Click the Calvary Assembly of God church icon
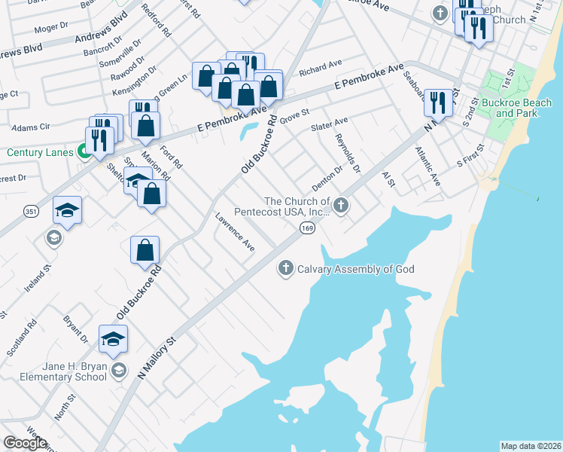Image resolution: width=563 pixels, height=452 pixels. coord(285,268)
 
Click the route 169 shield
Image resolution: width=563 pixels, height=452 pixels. coord(306,228)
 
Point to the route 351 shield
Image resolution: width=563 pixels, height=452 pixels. coord(31,212)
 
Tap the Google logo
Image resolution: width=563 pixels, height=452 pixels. coord(25,443)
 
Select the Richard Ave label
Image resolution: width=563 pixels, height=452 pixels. coord(320,69)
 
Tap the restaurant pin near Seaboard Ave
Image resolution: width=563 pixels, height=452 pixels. coord(437,103)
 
